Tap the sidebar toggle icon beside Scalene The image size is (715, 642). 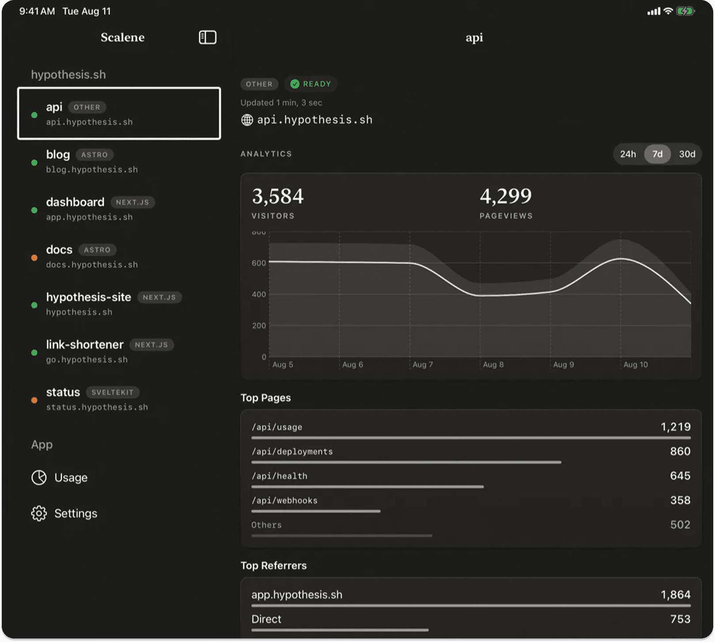click(208, 38)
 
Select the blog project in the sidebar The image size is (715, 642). click(58, 155)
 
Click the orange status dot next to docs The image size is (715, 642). click(34, 258)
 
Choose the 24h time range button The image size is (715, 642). click(628, 154)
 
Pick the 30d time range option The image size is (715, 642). click(687, 154)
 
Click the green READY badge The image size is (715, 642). click(311, 84)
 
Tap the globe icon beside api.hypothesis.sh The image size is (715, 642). click(247, 120)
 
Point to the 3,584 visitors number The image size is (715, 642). click(278, 196)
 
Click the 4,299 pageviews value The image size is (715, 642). click(506, 196)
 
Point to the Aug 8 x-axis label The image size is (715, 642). click(493, 365)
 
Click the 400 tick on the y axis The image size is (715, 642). click(259, 295)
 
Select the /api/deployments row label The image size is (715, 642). click(292, 452)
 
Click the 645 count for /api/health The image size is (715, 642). click(680, 476)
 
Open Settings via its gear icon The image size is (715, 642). click(39, 514)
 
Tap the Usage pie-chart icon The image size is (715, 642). click(39, 478)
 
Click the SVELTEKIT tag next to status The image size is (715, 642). click(112, 393)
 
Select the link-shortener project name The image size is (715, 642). click(85, 345)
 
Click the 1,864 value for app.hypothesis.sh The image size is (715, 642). click(675, 595)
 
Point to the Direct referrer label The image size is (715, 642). click(266, 619)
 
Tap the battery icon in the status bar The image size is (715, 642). click(685, 11)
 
